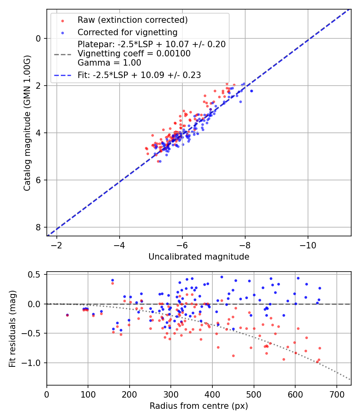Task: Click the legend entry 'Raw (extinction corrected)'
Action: [132, 20]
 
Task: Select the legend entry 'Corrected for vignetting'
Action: [127, 32]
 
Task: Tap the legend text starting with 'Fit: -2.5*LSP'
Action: [139, 75]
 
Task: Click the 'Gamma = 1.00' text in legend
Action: [109, 62]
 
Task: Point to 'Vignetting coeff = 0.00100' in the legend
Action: [134, 54]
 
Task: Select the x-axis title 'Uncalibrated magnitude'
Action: [199, 257]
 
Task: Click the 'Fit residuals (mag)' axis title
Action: [12, 328]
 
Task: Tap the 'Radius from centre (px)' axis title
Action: [199, 406]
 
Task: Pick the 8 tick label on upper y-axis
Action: [39, 227]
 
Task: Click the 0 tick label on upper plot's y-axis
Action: [39, 38]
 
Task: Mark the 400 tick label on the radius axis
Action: [212, 394]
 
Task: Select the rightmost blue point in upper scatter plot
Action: [252, 91]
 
